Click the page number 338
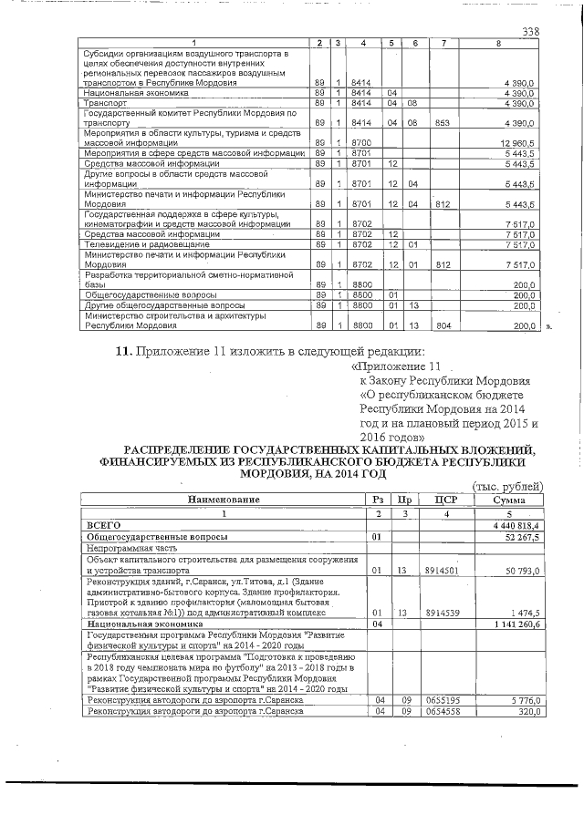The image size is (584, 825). (530, 33)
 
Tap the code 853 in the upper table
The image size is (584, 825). (443, 123)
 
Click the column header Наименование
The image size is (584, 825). (224, 500)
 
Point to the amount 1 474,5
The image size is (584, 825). (525, 613)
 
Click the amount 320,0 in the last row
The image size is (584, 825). (527, 710)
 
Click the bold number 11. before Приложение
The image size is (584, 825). (122, 351)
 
